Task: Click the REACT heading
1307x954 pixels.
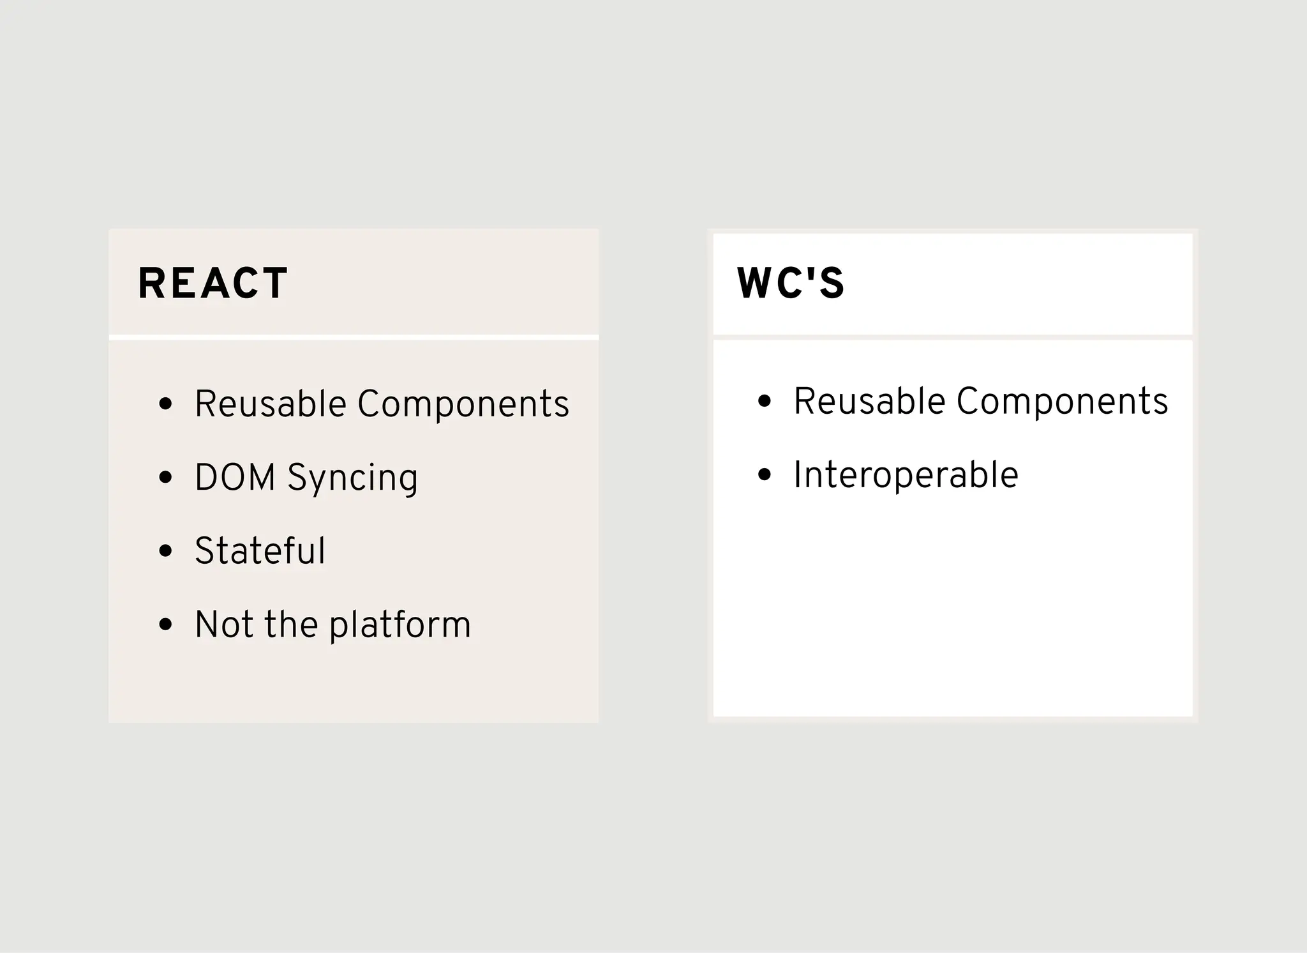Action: pyautogui.click(x=213, y=284)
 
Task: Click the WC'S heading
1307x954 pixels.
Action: pyautogui.click(x=791, y=284)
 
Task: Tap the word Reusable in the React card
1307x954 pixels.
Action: pyautogui.click(x=270, y=404)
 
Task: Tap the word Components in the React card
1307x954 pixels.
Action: pyautogui.click(x=463, y=404)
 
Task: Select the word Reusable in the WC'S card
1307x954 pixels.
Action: pyautogui.click(x=869, y=402)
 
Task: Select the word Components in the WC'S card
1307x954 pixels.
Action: pyautogui.click(x=1062, y=402)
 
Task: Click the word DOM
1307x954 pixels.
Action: pyautogui.click(x=234, y=478)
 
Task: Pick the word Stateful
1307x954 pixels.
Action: pyautogui.click(x=260, y=551)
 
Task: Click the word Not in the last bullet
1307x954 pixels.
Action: pyautogui.click(x=224, y=625)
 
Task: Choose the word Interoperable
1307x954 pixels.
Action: pyautogui.click(x=906, y=475)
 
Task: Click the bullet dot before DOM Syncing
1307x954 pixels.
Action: pyautogui.click(x=166, y=477)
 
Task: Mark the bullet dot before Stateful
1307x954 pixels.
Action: pyautogui.click(x=166, y=550)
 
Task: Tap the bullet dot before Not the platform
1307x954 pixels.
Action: pyautogui.click(x=166, y=624)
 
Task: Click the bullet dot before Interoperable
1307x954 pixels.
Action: pyautogui.click(x=765, y=474)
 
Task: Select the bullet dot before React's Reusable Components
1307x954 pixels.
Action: pyautogui.click(x=166, y=404)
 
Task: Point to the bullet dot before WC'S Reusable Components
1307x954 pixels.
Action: pyautogui.click(x=765, y=401)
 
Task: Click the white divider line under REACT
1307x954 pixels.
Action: pyautogui.click(x=354, y=337)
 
